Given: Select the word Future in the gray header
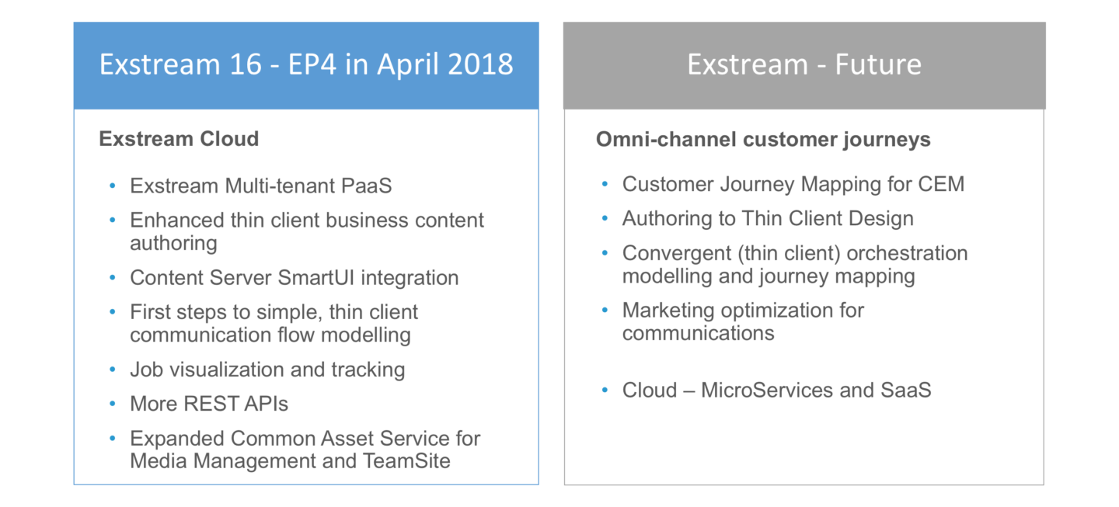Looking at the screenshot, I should point(878,64).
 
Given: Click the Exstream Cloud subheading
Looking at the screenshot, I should point(179,140).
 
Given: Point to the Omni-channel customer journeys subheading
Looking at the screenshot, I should point(763,140).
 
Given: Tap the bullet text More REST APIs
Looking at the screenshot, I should point(209,404).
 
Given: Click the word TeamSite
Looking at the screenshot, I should point(407,460).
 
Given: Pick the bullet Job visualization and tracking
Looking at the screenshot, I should point(267,370).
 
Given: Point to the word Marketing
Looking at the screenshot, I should point(668,311).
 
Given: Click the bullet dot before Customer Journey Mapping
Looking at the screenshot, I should point(605,185).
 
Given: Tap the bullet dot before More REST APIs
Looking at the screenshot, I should point(113,404).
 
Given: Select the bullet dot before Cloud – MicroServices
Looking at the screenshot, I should point(605,390).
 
